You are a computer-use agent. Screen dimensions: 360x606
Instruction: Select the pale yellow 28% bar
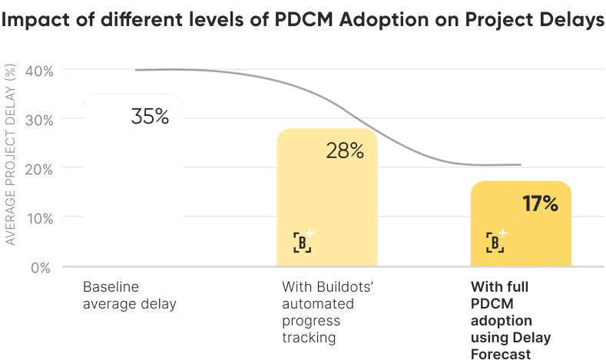click(326, 200)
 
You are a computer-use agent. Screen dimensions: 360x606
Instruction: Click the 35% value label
click(150, 117)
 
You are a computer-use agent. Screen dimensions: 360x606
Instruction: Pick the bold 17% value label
click(540, 204)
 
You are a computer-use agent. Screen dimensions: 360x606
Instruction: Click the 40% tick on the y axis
click(41, 71)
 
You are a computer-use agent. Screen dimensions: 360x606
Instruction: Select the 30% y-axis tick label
click(41, 120)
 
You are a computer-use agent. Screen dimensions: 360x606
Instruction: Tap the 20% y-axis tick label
click(41, 168)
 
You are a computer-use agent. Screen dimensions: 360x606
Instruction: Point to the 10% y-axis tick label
click(41, 217)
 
